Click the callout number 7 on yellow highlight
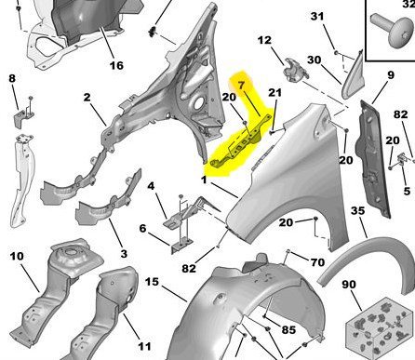point(242,85)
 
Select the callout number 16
point(116,65)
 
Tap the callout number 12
point(264,40)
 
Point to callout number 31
point(317,16)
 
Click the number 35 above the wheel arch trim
point(357,211)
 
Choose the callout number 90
point(349,284)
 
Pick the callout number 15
point(152,282)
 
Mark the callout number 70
point(317,262)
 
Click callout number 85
point(288,329)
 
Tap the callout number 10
point(17,256)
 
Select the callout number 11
point(144,346)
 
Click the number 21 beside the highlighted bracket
point(275,92)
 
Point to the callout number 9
point(391,75)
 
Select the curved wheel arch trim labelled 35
point(369,262)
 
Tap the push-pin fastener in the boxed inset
point(393,29)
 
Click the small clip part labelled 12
point(296,70)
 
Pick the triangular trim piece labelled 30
point(354,77)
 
